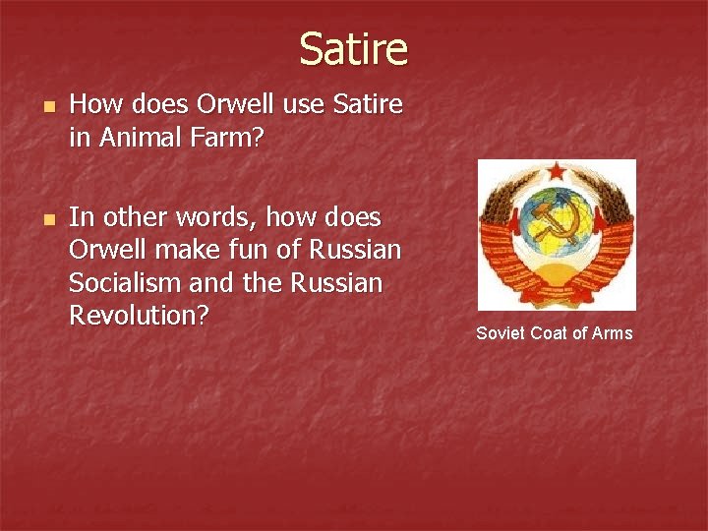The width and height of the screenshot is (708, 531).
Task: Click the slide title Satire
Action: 353,48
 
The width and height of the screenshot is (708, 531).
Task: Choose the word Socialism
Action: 129,283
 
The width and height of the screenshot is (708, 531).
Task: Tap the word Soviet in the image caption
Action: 501,333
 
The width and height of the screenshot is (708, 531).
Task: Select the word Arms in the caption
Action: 613,333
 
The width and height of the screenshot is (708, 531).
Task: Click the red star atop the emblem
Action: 557,173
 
